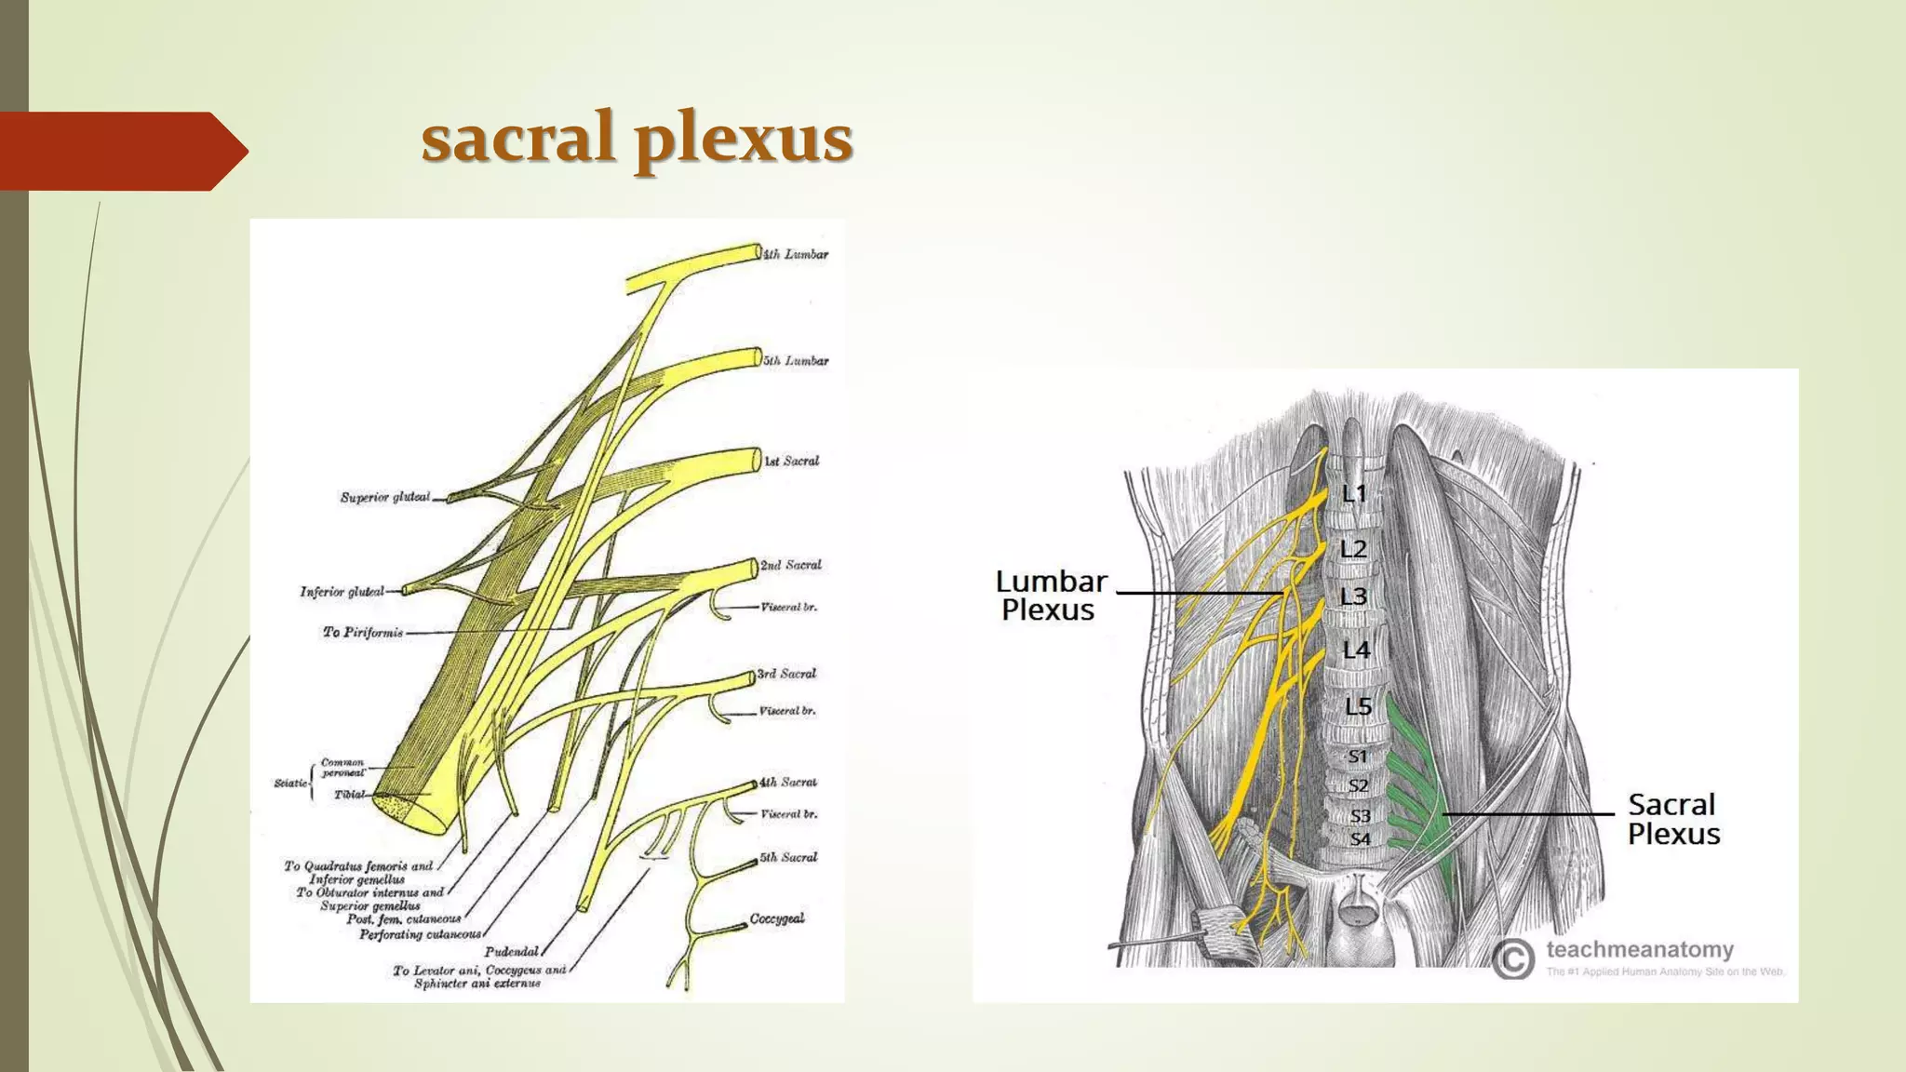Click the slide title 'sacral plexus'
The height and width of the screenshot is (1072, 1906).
coord(637,138)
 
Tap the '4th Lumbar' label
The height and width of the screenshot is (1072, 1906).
coord(796,254)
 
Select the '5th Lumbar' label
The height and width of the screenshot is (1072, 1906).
coord(796,361)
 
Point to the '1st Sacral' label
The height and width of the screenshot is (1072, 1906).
coord(792,461)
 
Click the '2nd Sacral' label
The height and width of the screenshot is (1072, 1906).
coord(791,565)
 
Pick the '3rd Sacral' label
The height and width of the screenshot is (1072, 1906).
coord(786,674)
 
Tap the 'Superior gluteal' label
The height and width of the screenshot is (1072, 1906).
coord(385,498)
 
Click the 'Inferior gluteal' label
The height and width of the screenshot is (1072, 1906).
coord(342,592)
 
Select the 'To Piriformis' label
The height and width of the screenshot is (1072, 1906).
coord(363,633)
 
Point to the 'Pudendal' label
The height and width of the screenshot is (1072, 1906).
coord(512,952)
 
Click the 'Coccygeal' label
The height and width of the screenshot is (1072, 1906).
coord(777,918)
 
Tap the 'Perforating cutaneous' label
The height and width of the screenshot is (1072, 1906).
coord(421,934)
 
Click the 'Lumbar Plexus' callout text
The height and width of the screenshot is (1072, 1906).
coord(1051,596)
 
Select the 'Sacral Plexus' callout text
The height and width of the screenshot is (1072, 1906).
coord(1673,819)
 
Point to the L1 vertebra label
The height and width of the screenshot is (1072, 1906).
coord(1354,494)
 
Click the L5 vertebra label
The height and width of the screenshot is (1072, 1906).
coord(1358,707)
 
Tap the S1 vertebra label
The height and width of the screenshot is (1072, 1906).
coord(1358,757)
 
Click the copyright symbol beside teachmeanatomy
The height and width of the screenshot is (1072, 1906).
coord(1513,958)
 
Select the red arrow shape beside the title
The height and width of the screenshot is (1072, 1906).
coord(121,151)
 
